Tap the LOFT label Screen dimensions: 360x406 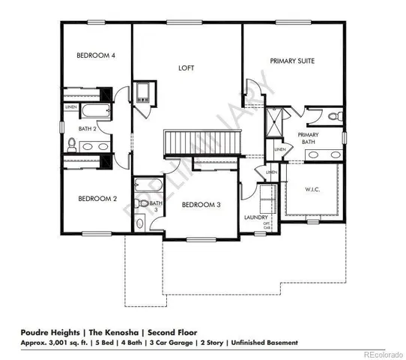click(186, 67)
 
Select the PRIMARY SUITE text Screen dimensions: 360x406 click(291, 60)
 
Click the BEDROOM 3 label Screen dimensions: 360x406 click(201, 205)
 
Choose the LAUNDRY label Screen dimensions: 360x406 click(256, 217)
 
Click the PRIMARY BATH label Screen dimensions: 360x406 click(309, 137)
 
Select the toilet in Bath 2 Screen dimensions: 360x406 click(71, 144)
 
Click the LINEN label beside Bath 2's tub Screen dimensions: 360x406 click(71, 107)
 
